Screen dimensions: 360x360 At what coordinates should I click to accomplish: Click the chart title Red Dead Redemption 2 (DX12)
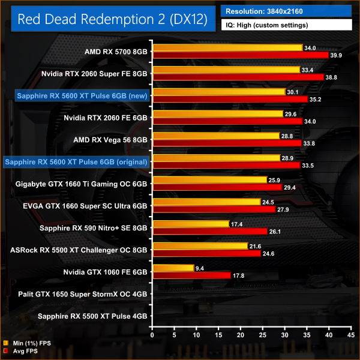point(112,19)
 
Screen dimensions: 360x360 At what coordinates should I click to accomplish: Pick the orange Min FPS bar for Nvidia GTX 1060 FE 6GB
point(174,268)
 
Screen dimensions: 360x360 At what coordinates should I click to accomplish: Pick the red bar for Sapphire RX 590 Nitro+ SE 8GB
point(210,231)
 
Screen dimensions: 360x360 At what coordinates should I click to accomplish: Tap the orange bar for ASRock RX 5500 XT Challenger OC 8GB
point(200,246)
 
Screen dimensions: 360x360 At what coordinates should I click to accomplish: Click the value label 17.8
point(239,275)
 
